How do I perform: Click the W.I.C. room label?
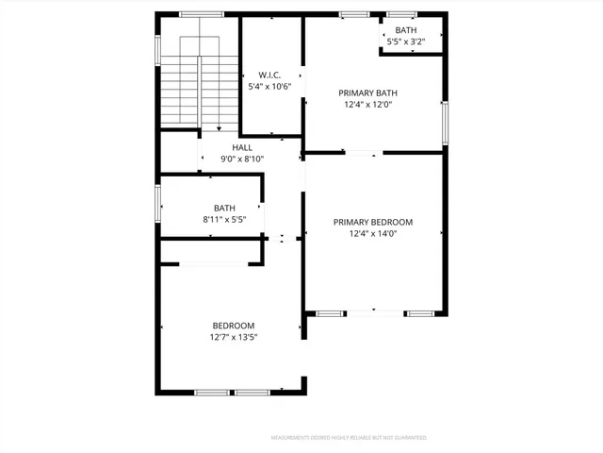pyautogui.click(x=269, y=75)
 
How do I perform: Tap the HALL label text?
pyautogui.click(x=242, y=147)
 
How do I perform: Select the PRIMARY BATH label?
pyautogui.click(x=367, y=92)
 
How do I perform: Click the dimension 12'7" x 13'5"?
pyautogui.click(x=233, y=337)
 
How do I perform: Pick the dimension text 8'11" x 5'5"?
pyautogui.click(x=224, y=219)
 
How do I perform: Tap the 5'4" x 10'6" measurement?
pyautogui.click(x=269, y=86)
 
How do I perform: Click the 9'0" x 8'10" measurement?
pyautogui.click(x=242, y=159)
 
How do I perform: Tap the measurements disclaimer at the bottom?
pyautogui.click(x=349, y=438)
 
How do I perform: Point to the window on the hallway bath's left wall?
pyautogui.click(x=157, y=201)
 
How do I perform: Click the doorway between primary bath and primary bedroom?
pyautogui.click(x=363, y=152)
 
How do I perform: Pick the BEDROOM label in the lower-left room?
pyautogui.click(x=233, y=326)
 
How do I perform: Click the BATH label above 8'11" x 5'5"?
pyautogui.click(x=224, y=208)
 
